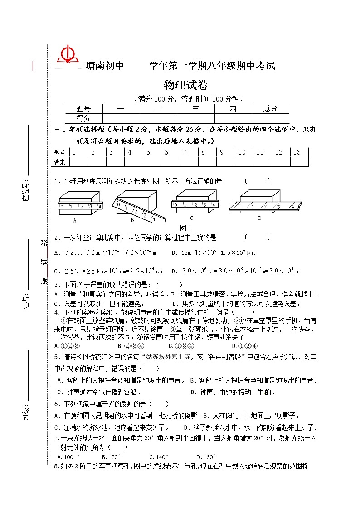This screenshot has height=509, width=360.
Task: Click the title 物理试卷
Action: (185, 85)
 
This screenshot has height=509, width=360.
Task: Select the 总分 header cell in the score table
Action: (270, 109)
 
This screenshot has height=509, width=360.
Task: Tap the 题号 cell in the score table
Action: (84, 109)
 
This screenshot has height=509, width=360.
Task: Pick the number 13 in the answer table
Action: (297, 152)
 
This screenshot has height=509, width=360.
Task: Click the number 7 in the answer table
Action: (185, 152)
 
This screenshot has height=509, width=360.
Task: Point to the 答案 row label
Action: (59, 162)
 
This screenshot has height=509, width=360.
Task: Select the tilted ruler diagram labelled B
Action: (135, 204)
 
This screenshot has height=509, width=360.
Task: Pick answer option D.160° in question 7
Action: (206, 457)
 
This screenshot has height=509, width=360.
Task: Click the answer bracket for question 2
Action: (257, 237)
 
